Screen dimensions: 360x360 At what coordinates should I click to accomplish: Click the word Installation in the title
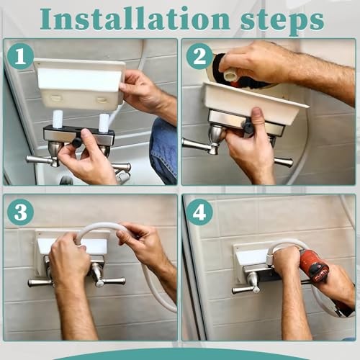point(136,19)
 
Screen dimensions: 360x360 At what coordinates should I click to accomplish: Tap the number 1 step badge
point(20,57)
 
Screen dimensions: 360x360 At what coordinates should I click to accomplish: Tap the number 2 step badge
point(199,57)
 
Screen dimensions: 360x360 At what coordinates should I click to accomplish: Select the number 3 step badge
point(20,212)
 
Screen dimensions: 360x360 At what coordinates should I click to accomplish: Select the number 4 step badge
point(199,212)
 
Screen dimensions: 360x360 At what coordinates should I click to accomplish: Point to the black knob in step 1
point(77,142)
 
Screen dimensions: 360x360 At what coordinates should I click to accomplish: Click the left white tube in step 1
point(57,119)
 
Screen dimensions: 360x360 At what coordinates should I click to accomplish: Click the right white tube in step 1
point(104,122)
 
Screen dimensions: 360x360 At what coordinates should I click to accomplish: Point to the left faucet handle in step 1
point(42,161)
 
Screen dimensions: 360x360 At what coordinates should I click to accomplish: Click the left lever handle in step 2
point(199,145)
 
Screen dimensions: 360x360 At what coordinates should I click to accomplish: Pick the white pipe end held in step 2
point(230,73)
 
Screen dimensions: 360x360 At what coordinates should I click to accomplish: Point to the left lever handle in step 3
point(40,282)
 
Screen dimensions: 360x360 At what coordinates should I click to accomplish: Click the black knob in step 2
point(248,125)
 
